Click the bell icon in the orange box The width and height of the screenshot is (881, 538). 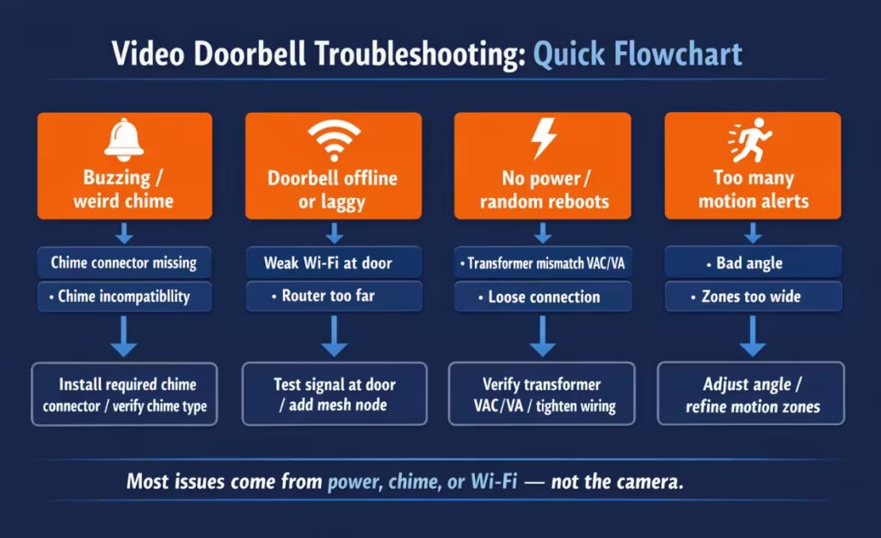click(124, 141)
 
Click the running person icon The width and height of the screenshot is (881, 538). click(750, 139)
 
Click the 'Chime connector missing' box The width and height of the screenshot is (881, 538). click(124, 263)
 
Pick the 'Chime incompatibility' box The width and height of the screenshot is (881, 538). click(124, 296)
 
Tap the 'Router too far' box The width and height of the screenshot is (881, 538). click(333, 296)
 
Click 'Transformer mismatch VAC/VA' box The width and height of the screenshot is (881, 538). click(543, 263)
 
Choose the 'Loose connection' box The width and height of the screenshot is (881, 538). click(543, 297)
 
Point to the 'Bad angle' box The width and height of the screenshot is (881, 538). click(752, 263)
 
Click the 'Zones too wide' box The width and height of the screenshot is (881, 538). click(752, 297)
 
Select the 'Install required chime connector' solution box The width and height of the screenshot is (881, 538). click(125, 394)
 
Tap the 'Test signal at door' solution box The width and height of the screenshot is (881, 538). click(334, 393)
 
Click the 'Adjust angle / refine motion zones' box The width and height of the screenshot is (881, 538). click(752, 394)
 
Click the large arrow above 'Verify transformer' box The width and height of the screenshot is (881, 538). click(542, 337)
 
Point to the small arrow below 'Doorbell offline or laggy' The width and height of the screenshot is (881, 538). click(335, 233)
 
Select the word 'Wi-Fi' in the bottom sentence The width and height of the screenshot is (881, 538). click(494, 481)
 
